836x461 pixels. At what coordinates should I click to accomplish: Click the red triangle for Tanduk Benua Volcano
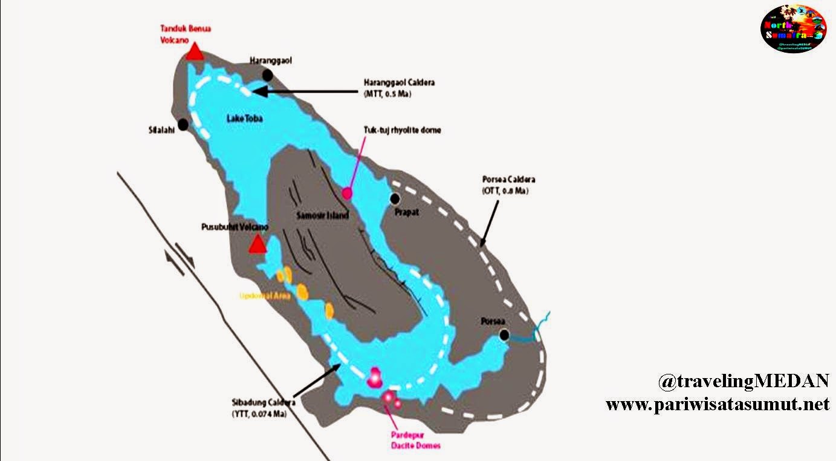point(194,53)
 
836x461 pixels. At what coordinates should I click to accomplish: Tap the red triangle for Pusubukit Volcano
point(258,244)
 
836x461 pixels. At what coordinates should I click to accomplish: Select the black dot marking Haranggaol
point(267,74)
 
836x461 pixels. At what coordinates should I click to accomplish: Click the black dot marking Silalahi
point(184,124)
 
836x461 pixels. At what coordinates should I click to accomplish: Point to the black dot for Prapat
point(395,198)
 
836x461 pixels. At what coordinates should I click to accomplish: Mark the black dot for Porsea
point(505,335)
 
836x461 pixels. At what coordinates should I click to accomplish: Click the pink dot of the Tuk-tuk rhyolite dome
point(347,193)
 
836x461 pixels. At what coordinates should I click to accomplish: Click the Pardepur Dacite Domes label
point(415,440)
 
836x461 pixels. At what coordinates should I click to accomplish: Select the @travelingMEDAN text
point(744,381)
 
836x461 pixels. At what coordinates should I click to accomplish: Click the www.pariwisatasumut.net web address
point(718,404)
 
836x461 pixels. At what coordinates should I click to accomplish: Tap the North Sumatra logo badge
point(793,28)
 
